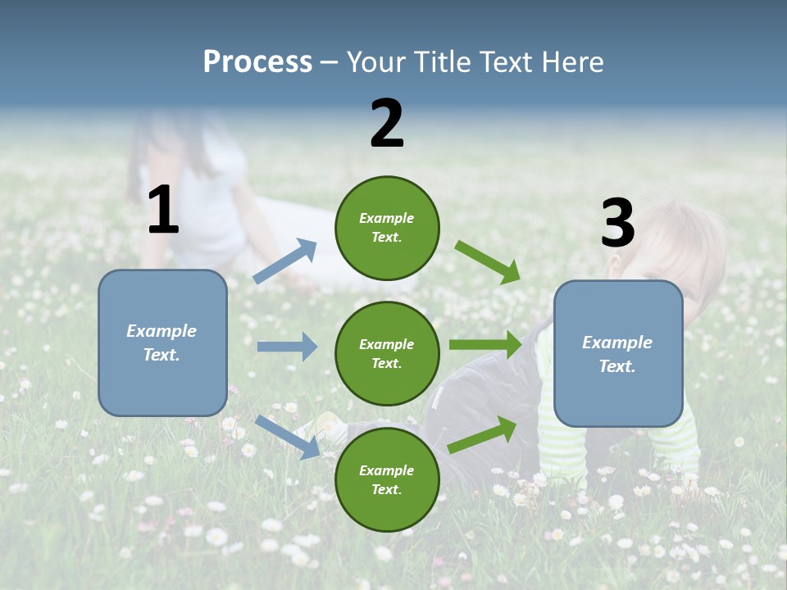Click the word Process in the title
[x=257, y=62]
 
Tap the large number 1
[x=163, y=211]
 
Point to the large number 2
[x=387, y=124]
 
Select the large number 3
[x=617, y=224]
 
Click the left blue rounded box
[x=162, y=343]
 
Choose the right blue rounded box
[x=618, y=354]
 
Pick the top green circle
[x=387, y=227]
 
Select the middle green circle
[x=387, y=353]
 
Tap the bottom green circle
[x=387, y=479]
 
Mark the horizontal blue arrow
[x=287, y=347]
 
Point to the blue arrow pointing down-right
[x=288, y=436]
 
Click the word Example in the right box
[x=617, y=343]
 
